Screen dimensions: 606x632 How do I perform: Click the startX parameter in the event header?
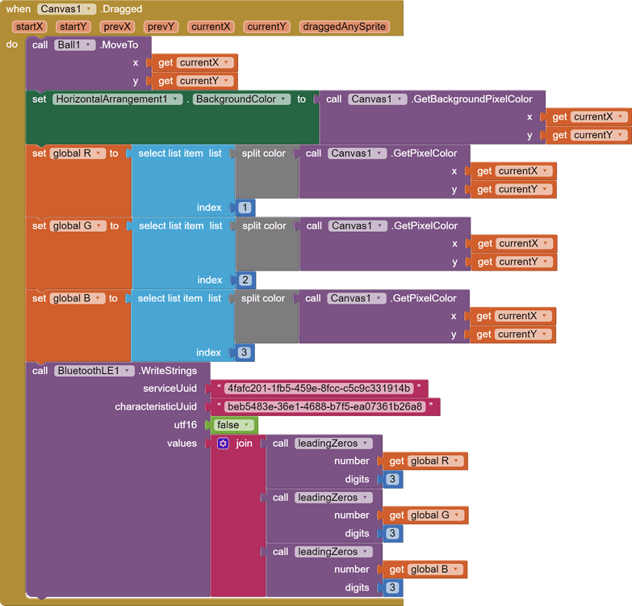coord(29,27)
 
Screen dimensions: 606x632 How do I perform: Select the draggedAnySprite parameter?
coord(344,27)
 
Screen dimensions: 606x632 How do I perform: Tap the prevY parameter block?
coord(161,27)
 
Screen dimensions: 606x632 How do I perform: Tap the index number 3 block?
coord(244,353)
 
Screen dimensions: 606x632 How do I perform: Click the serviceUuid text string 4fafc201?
coord(319,389)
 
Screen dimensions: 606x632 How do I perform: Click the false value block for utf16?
coord(234,425)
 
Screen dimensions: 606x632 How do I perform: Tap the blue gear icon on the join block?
coord(224,444)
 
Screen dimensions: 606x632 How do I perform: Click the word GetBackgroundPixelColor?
coord(472,99)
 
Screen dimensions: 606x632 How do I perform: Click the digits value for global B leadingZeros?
coord(392,588)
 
